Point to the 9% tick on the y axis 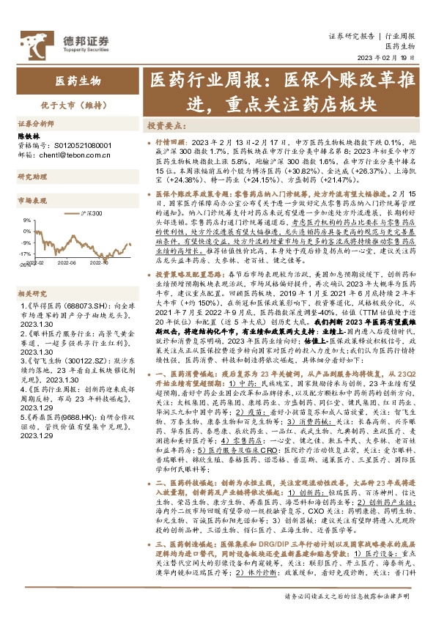coord(26,219)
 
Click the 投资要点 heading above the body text coord(164,125)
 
